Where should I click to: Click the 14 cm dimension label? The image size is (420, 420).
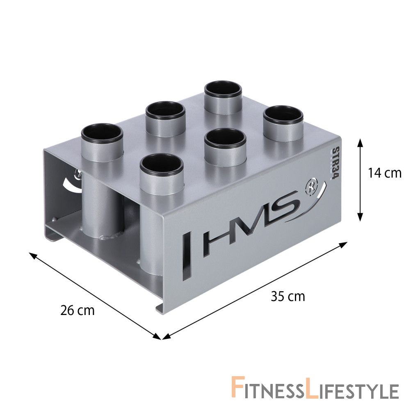[x=385, y=173]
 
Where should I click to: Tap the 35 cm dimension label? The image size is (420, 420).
[x=288, y=297]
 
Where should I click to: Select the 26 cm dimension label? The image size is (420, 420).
[x=78, y=310]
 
